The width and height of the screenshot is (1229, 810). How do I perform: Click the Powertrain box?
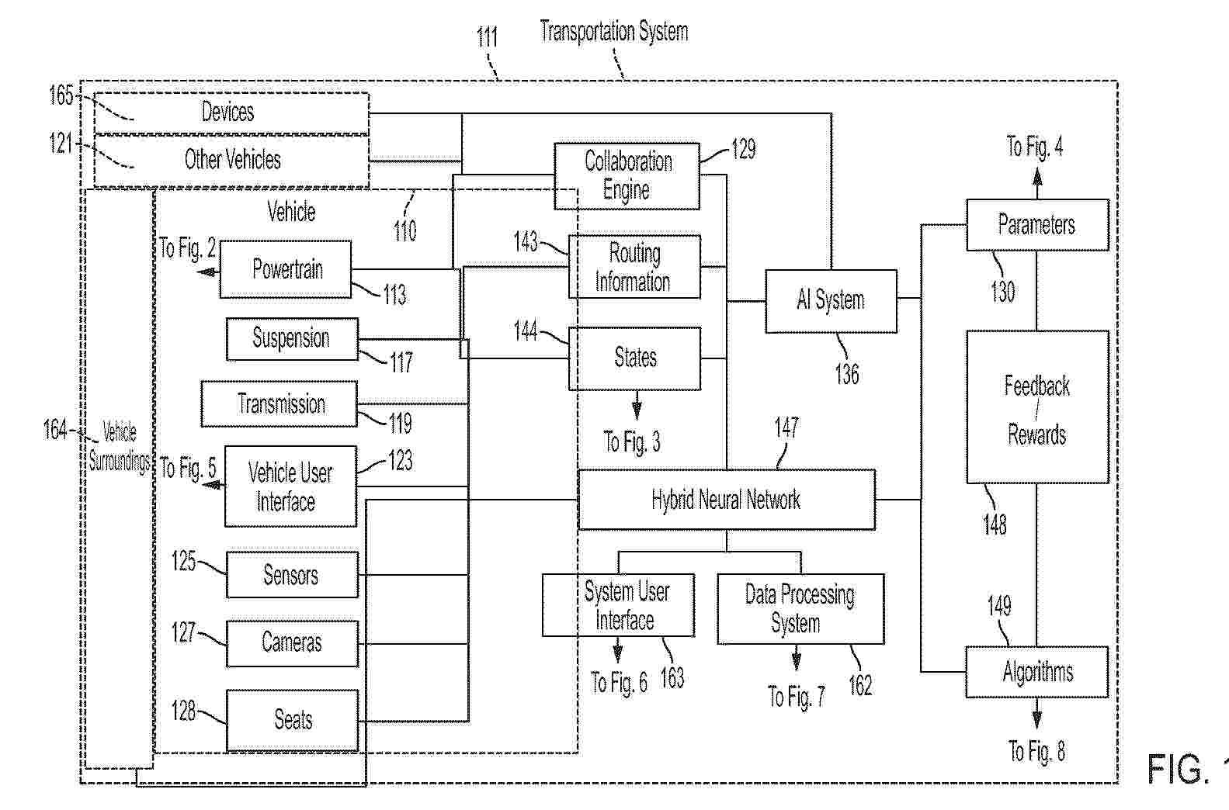[285, 269]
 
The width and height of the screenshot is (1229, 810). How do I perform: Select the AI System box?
[831, 301]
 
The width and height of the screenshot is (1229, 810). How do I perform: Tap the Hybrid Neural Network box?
[727, 500]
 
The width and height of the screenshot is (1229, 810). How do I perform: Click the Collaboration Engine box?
[627, 176]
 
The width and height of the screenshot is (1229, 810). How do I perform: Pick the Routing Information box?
[634, 267]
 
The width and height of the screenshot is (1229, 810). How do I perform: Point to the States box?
[634, 358]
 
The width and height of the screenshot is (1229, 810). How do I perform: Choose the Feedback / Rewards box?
[1037, 407]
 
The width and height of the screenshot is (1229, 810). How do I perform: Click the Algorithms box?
[1037, 672]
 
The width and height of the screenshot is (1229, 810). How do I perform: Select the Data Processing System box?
[800, 609]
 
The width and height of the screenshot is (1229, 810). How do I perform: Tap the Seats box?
[293, 720]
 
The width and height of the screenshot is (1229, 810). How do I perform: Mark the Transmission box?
[279, 404]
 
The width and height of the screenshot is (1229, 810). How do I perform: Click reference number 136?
[846, 375]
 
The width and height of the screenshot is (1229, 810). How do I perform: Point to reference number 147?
[786, 427]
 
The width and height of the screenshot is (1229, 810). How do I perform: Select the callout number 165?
[61, 95]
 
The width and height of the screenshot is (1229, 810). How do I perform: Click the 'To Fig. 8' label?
[1036, 751]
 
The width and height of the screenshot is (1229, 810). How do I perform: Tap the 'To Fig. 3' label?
[632, 442]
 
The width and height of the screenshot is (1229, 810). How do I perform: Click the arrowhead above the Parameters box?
[1037, 177]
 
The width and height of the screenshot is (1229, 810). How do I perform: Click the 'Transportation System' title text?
[614, 31]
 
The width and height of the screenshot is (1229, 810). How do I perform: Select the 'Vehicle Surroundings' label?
[120, 447]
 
